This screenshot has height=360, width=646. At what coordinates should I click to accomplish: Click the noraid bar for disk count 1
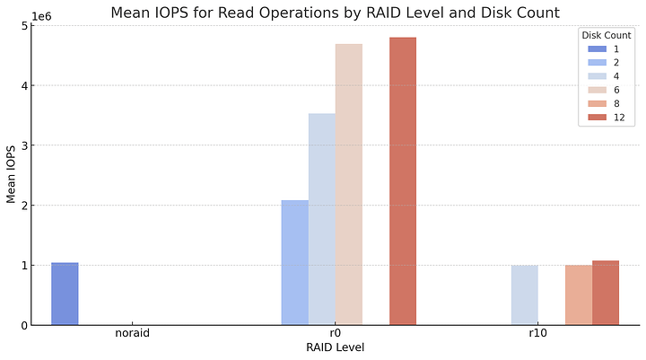click(x=65, y=294)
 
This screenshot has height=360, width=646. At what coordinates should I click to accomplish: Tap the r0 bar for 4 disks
click(x=322, y=219)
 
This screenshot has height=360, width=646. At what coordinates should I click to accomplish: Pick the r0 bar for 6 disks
click(x=349, y=184)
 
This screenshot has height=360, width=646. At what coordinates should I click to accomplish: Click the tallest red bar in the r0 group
click(x=403, y=180)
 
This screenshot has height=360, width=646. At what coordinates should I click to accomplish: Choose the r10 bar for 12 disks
click(x=606, y=293)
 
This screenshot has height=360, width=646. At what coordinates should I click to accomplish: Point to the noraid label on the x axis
click(x=133, y=333)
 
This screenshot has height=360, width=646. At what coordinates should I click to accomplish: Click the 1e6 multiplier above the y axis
click(x=42, y=15)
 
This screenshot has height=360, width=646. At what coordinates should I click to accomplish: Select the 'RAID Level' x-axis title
click(x=336, y=347)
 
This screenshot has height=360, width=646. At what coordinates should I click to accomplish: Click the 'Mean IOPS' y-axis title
click(x=12, y=175)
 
